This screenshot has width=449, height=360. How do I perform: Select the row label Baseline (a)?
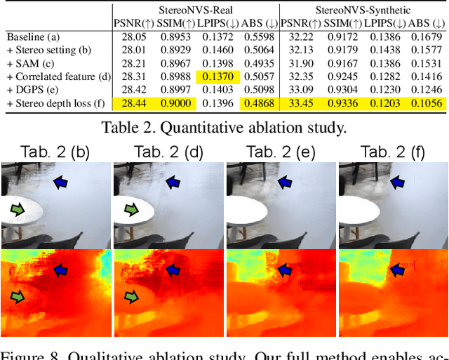(x=34, y=36)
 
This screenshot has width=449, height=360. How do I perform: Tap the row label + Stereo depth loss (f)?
(x=55, y=104)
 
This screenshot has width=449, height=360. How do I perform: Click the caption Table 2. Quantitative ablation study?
(x=224, y=127)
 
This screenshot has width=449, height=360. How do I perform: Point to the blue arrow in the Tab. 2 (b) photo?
(x=62, y=182)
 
